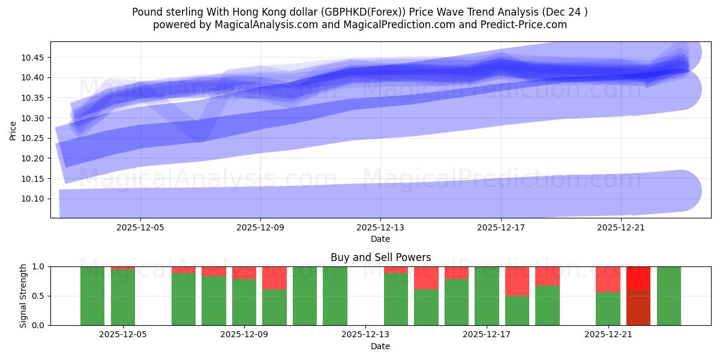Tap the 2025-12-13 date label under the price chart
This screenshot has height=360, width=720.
click(x=380, y=228)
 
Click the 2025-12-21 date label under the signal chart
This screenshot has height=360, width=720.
click(x=608, y=335)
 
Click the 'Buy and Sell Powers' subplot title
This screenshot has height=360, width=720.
click(x=380, y=257)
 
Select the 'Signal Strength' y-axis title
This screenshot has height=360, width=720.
click(x=23, y=296)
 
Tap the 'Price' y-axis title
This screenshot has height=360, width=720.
click(x=13, y=130)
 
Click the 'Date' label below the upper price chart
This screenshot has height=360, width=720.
click(x=380, y=239)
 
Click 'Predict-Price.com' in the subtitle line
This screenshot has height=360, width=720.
click(x=521, y=25)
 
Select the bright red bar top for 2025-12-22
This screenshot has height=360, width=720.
click(x=638, y=278)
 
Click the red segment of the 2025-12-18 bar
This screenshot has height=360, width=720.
click(x=517, y=281)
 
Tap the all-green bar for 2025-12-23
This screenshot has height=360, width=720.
click(x=669, y=296)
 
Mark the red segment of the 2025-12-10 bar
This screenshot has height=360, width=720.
click(x=274, y=278)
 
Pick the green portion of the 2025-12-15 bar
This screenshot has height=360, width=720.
click(x=426, y=307)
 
